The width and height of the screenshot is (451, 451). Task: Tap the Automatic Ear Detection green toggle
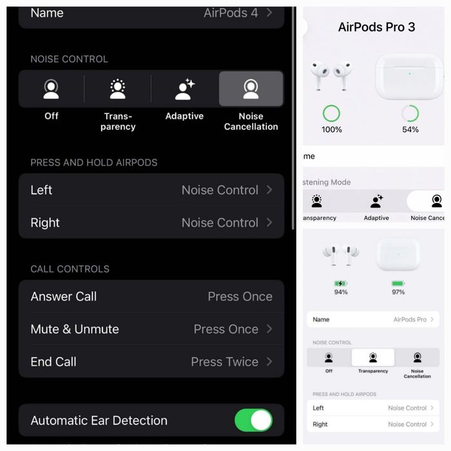[253, 421]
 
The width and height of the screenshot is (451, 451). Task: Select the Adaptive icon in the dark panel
[184, 90]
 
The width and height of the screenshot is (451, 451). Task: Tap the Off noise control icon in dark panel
[52, 90]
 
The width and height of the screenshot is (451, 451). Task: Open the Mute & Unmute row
[151, 329]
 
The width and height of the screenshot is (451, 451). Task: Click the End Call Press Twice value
[225, 362]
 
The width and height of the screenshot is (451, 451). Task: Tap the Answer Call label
[64, 296]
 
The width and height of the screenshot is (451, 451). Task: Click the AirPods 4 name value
[231, 13]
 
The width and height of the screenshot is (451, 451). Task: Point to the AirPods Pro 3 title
[377, 27]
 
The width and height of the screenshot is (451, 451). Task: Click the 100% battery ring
[332, 114]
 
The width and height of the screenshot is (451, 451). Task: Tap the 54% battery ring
[410, 114]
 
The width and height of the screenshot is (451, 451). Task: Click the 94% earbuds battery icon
[341, 283]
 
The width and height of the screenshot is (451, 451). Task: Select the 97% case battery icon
[398, 283]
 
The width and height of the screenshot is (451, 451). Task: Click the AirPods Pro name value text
[410, 320]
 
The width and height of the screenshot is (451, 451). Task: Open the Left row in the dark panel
[151, 190]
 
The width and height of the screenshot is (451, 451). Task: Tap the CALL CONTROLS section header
[70, 269]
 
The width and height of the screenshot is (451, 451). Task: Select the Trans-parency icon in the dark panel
[118, 90]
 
